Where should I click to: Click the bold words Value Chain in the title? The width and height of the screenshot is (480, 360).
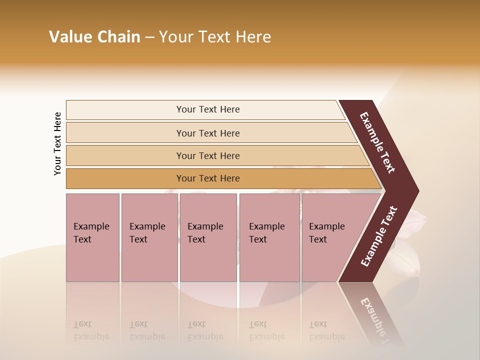pyautogui.click(x=94, y=37)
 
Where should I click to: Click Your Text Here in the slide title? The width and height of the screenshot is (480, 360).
pyautogui.click(x=215, y=37)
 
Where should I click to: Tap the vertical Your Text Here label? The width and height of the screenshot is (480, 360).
pyautogui.click(x=57, y=143)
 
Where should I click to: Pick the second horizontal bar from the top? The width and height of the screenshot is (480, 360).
pyautogui.click(x=207, y=133)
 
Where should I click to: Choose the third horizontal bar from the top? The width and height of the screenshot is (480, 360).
pyautogui.click(x=207, y=155)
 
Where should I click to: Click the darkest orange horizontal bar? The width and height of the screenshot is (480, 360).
pyautogui.click(x=207, y=178)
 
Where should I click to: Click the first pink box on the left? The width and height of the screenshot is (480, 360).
pyautogui.click(x=92, y=237)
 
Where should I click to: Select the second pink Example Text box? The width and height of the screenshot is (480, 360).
pyautogui.click(x=149, y=237)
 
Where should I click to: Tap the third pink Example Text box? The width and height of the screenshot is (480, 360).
pyautogui.click(x=208, y=237)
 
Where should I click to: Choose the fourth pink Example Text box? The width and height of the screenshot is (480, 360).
pyautogui.click(x=269, y=237)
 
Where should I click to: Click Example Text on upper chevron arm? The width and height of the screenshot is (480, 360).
pyautogui.click(x=377, y=143)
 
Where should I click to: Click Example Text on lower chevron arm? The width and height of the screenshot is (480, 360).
pyautogui.click(x=379, y=236)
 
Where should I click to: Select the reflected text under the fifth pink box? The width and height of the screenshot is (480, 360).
pyautogui.click(x=326, y=330)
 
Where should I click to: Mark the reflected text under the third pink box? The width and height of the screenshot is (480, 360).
pyautogui.click(x=204, y=330)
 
